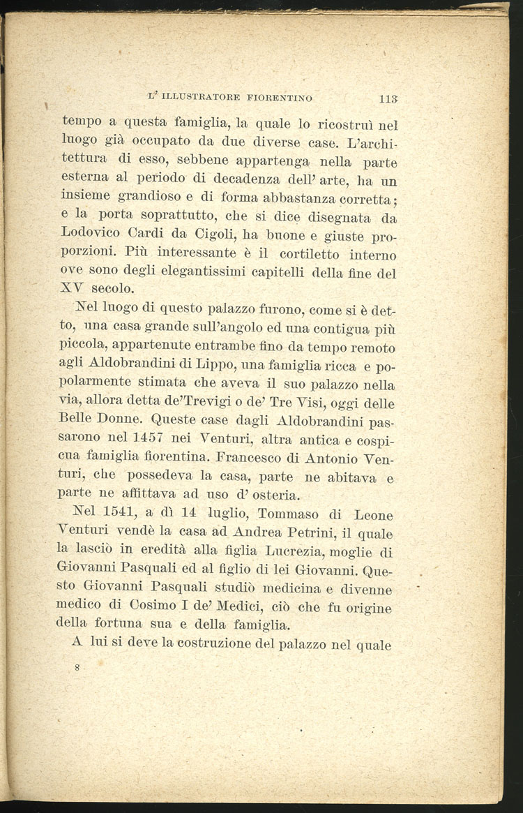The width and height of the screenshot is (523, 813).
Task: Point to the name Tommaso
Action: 290,516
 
